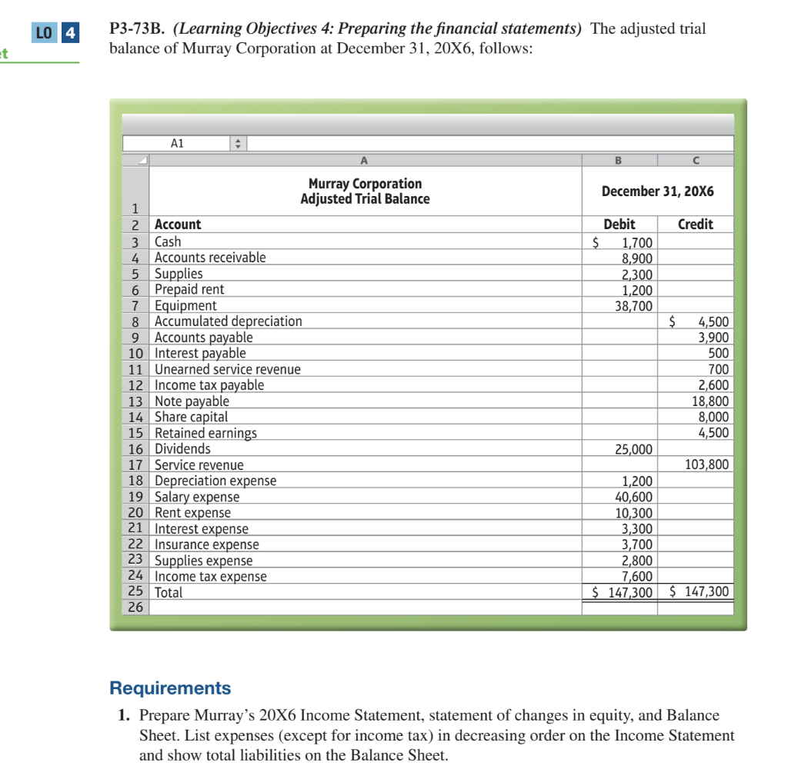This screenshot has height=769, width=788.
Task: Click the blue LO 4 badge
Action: click(57, 34)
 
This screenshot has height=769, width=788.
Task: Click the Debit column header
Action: click(619, 225)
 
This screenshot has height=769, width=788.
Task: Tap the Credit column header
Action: click(695, 225)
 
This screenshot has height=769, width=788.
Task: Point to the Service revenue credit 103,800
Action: click(707, 464)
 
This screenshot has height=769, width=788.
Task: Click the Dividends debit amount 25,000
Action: click(634, 449)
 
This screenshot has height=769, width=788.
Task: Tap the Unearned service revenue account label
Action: click(228, 369)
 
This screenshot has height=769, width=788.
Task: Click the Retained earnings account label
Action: click(205, 433)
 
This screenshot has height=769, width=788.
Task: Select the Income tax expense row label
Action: click(211, 576)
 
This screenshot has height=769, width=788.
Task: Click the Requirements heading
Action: click(170, 687)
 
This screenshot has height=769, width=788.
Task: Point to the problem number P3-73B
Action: click(139, 29)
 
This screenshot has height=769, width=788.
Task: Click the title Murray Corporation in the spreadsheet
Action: click(365, 184)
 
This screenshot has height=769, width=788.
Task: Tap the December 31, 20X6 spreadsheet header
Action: click(657, 191)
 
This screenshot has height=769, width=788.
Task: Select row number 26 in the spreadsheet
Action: click(135, 607)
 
